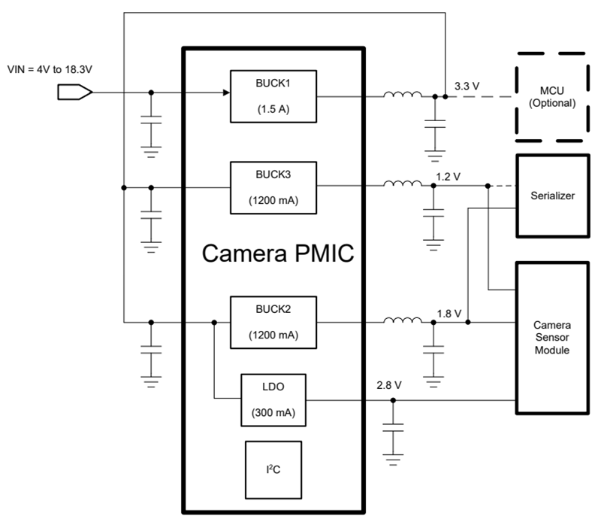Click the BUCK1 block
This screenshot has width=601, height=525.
tap(273, 96)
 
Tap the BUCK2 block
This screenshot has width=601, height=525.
tap(273, 323)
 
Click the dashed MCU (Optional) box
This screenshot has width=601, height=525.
tap(551, 96)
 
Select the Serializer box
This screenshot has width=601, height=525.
tap(551, 196)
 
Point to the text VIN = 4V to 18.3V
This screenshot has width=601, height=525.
tap(50, 70)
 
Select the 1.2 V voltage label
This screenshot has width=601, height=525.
tap(448, 176)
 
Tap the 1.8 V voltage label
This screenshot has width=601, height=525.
tap(449, 312)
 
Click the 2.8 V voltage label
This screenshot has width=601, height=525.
tap(389, 384)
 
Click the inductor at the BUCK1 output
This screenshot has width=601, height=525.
tap(403, 95)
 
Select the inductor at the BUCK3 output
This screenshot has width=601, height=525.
tap(403, 185)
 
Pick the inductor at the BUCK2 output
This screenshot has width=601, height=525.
tap(403, 321)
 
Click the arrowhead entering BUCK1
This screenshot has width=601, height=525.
tap(225, 93)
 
